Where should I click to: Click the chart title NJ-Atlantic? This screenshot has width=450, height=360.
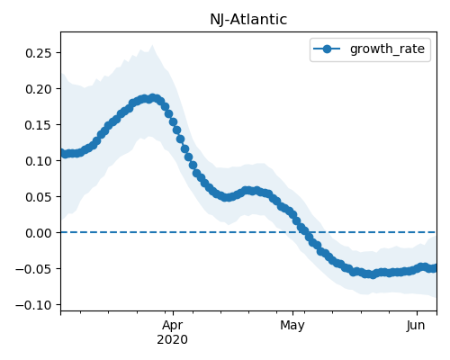(248, 20)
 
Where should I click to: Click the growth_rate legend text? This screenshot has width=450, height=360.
(387, 49)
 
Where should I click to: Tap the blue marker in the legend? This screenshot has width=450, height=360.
(327, 49)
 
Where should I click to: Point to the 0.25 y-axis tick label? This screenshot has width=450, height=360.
(39, 53)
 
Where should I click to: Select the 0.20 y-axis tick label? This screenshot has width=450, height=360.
(39, 89)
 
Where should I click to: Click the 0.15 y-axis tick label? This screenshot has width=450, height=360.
(39, 125)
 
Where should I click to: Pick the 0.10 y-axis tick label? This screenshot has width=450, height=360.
(39, 161)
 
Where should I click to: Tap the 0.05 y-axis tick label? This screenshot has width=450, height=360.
(39, 197)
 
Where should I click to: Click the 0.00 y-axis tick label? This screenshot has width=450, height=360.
(39, 233)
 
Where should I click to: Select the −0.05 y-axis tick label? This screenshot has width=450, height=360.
(34, 269)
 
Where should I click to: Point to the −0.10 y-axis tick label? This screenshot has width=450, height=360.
(34, 305)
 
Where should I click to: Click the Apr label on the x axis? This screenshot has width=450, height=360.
(173, 326)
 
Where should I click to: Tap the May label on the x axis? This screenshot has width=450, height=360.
(292, 326)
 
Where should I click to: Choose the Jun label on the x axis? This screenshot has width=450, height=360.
(416, 326)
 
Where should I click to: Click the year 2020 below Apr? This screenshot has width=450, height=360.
(173, 339)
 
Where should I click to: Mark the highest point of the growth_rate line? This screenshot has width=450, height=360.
(153, 98)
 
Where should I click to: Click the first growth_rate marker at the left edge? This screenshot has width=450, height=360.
(61, 153)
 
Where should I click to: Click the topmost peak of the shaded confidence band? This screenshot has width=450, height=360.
(152, 45)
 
